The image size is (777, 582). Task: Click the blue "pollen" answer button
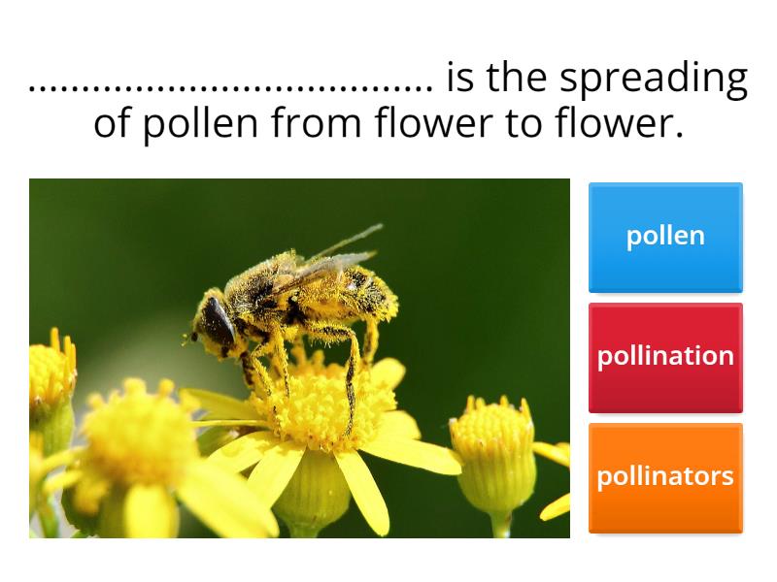click(x=665, y=237)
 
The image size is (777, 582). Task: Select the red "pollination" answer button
click(x=665, y=357)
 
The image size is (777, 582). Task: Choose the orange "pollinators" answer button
click(x=665, y=477)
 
